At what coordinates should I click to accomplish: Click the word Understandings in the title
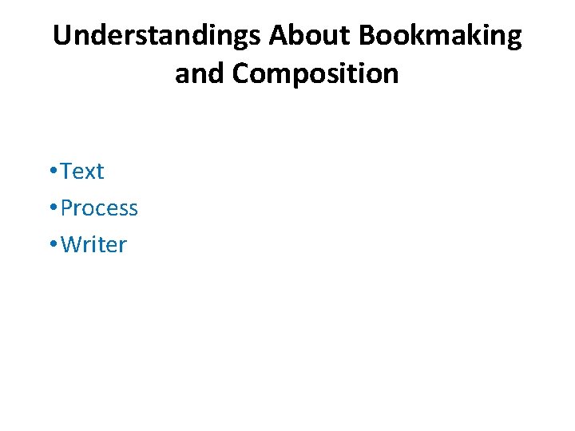coord(157,36)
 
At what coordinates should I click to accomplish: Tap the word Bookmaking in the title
coord(441,36)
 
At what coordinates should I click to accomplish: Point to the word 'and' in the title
coord(200,73)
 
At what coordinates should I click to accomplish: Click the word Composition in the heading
coord(315,73)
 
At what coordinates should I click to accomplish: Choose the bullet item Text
coord(82,172)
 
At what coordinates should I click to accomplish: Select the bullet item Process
coord(99,208)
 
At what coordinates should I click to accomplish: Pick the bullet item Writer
coord(93,245)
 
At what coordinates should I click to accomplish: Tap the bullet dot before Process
coord(51,209)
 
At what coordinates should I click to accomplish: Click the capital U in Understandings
coord(61,36)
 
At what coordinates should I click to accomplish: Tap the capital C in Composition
coord(242,73)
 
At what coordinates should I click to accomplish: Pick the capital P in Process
coord(67,208)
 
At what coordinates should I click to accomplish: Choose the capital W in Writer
coord(71,245)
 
